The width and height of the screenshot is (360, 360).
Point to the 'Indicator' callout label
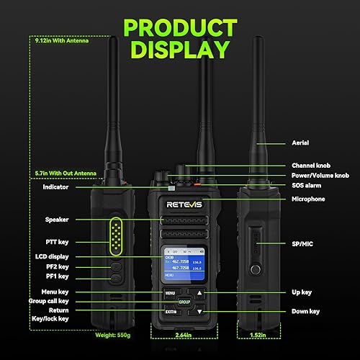[46, 186]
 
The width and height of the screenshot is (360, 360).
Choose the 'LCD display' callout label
[48, 256]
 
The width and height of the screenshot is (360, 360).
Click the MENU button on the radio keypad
[170, 293]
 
